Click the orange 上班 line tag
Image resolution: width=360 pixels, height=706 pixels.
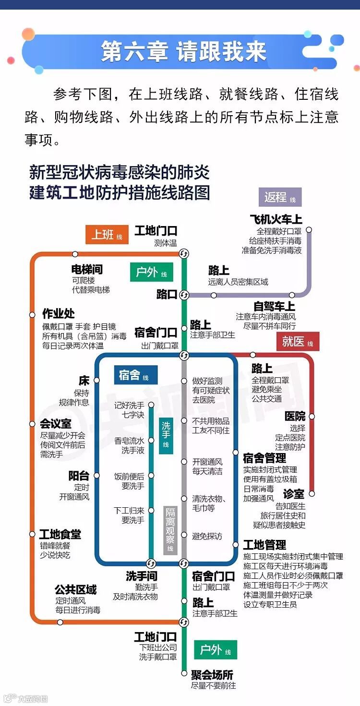[107, 234]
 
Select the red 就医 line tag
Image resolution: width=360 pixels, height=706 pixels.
[298, 341]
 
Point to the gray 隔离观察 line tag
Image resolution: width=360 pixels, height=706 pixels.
[170, 530]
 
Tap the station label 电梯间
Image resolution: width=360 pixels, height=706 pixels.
[87, 270]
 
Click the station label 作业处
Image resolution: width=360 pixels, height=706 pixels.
[59, 313]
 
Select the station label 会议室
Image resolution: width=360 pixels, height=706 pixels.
[56, 424]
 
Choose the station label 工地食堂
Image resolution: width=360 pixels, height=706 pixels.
[60, 534]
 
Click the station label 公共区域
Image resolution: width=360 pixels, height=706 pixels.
[75, 589]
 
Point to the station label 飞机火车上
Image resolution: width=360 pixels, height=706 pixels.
[276, 220]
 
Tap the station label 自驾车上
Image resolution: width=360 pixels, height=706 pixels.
[275, 306]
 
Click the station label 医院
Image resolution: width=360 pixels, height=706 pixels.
[295, 416]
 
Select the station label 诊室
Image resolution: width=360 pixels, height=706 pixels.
[294, 494]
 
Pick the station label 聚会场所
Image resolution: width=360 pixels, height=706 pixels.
[212, 675]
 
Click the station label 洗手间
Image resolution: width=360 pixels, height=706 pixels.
[142, 576]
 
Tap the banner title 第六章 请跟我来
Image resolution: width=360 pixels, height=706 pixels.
[184, 51]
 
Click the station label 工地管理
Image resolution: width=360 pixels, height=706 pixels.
[264, 545]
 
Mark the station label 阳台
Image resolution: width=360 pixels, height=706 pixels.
[79, 476]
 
